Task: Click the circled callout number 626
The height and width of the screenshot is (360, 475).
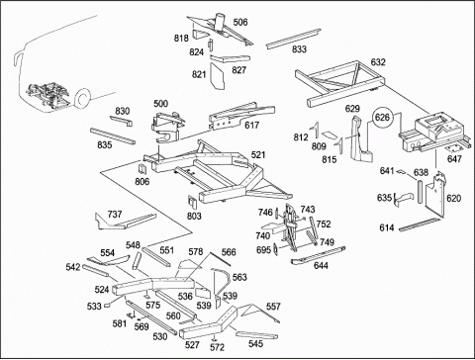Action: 383,117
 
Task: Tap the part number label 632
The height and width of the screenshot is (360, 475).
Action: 378,62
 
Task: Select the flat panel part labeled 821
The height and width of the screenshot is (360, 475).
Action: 218,76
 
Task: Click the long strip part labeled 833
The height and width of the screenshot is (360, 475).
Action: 294,39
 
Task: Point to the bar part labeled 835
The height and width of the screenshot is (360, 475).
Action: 112,135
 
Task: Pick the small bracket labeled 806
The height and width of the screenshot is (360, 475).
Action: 142,168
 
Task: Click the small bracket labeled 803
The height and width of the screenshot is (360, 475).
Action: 193,202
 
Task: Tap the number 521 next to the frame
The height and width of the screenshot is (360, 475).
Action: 258,154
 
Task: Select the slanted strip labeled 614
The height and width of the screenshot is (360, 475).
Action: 420,225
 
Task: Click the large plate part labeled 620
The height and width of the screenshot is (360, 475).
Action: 433,197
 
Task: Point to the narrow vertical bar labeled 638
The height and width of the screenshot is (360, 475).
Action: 420,192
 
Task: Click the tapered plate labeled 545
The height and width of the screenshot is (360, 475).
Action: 256,335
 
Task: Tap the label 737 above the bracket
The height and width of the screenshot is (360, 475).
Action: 115,215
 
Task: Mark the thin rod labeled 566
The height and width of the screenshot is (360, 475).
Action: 221,259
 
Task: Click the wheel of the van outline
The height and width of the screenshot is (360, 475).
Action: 82,98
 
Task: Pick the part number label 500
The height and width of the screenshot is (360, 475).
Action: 160,104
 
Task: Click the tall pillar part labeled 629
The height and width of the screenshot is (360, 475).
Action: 359,138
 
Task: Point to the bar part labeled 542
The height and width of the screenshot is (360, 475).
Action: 96,271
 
